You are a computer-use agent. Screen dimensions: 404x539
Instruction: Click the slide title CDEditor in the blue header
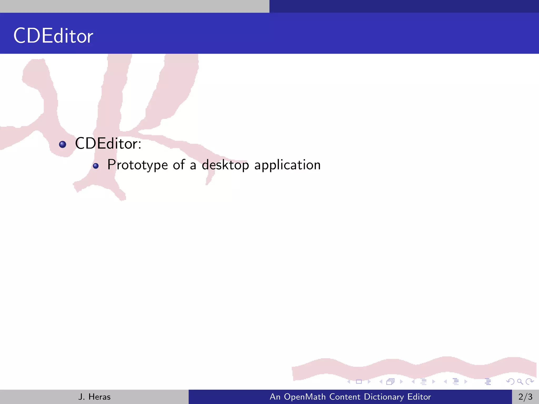(53, 36)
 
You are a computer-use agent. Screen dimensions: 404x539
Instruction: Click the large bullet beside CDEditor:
(63, 144)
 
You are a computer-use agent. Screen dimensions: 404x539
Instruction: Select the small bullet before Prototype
(96, 166)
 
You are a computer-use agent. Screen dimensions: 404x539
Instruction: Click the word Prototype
(137, 165)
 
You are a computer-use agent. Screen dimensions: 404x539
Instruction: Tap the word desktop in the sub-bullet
(225, 165)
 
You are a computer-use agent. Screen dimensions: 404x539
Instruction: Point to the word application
(287, 165)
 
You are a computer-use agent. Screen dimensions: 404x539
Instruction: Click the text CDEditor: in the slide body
(108, 144)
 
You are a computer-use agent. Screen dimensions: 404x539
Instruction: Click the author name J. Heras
(94, 397)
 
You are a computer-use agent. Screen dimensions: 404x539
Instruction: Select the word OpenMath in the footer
(305, 397)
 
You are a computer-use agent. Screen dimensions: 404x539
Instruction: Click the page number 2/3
(525, 397)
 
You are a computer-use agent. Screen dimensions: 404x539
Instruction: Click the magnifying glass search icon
(520, 382)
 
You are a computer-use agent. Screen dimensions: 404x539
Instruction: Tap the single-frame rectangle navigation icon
(359, 382)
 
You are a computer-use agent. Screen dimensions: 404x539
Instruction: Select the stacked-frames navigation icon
(391, 382)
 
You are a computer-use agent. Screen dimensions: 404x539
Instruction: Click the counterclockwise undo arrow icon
(510, 382)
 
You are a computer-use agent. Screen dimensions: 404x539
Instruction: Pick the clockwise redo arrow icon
(529, 382)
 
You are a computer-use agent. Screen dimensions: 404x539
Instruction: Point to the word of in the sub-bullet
(179, 165)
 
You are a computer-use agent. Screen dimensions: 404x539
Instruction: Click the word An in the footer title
(275, 397)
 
